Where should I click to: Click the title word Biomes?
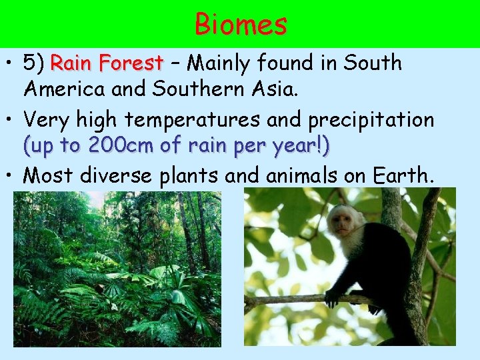tap(241, 24)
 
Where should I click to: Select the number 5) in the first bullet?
tap(34, 64)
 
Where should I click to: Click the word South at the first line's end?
tap(373, 64)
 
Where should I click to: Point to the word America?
tap(64, 89)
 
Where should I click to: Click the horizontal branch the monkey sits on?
tap(287, 300)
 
